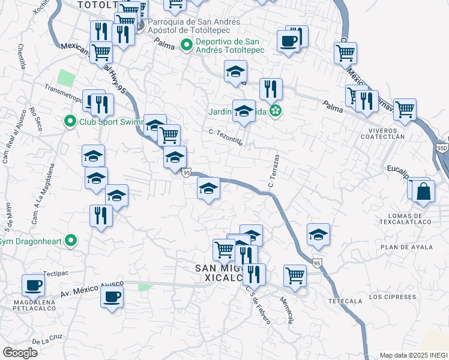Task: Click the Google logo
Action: tap(20, 352)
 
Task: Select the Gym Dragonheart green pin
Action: tap(71, 241)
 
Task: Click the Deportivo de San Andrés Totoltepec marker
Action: tap(187, 44)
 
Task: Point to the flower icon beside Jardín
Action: tap(276, 110)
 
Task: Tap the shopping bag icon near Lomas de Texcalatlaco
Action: tap(424, 191)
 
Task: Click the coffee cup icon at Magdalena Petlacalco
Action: tap(34, 284)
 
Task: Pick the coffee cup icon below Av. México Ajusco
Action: tap(112, 296)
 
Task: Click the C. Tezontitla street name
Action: tap(226, 136)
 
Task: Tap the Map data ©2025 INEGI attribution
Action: tap(413, 355)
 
